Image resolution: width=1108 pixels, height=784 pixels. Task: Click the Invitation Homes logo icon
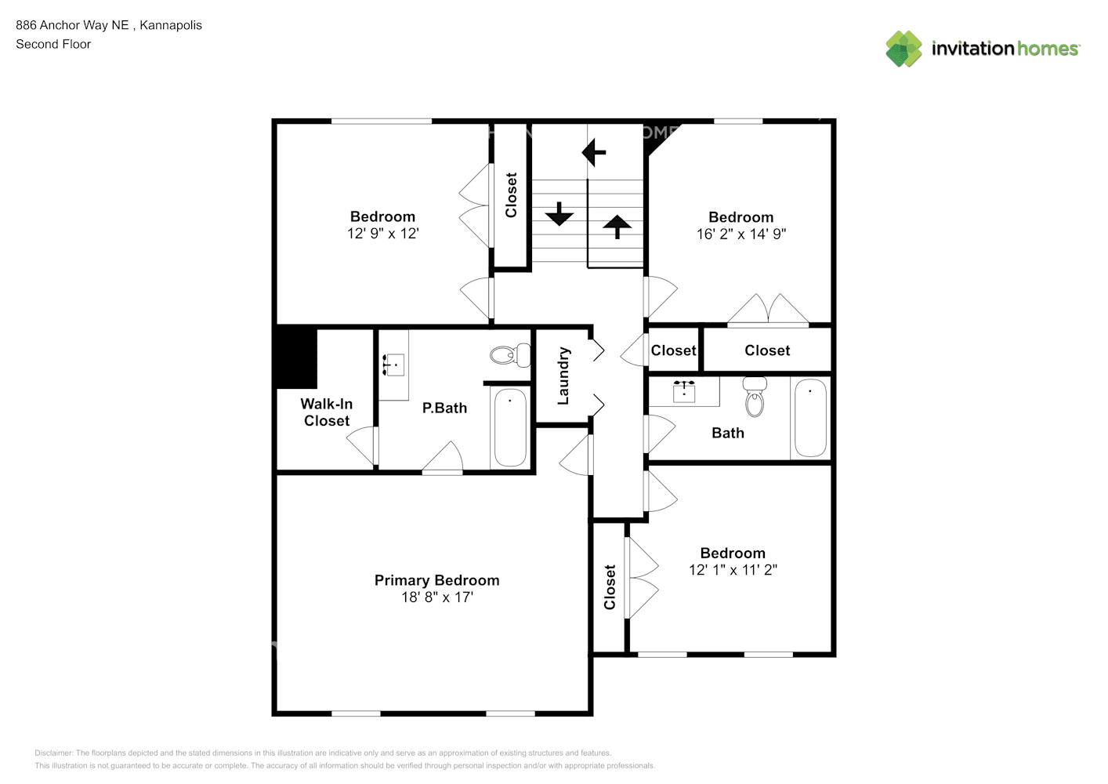tap(903, 49)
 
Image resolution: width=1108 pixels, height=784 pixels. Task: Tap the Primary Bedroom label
tap(436, 580)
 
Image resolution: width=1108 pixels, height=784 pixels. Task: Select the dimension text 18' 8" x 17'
tap(436, 597)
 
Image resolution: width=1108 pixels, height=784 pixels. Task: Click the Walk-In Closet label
tap(327, 412)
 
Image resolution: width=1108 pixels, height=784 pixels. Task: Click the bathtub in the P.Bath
tap(510, 427)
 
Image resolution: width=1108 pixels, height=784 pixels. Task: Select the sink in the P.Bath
tap(393, 365)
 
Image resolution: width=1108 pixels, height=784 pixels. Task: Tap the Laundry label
tap(563, 376)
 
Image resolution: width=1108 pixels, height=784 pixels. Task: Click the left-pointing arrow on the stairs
tap(594, 151)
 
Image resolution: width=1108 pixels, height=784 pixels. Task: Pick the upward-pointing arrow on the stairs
tap(617, 226)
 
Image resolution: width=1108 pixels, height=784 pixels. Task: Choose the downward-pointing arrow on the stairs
tap(559, 213)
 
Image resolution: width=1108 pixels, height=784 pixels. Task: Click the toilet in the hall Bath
tap(755, 397)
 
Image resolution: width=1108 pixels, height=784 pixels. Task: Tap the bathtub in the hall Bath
tap(811, 418)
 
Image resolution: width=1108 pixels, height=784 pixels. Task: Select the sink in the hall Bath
tap(684, 390)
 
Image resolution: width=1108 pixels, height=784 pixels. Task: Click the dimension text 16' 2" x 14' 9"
tap(740, 234)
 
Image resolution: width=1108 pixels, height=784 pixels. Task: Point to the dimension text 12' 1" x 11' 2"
tap(733, 570)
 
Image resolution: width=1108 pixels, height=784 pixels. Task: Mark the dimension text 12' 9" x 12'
tap(382, 234)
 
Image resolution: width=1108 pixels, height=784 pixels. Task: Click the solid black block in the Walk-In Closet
tap(296, 357)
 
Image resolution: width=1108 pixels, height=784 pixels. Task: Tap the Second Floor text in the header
tap(53, 44)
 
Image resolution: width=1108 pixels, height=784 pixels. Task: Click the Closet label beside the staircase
tap(511, 195)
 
